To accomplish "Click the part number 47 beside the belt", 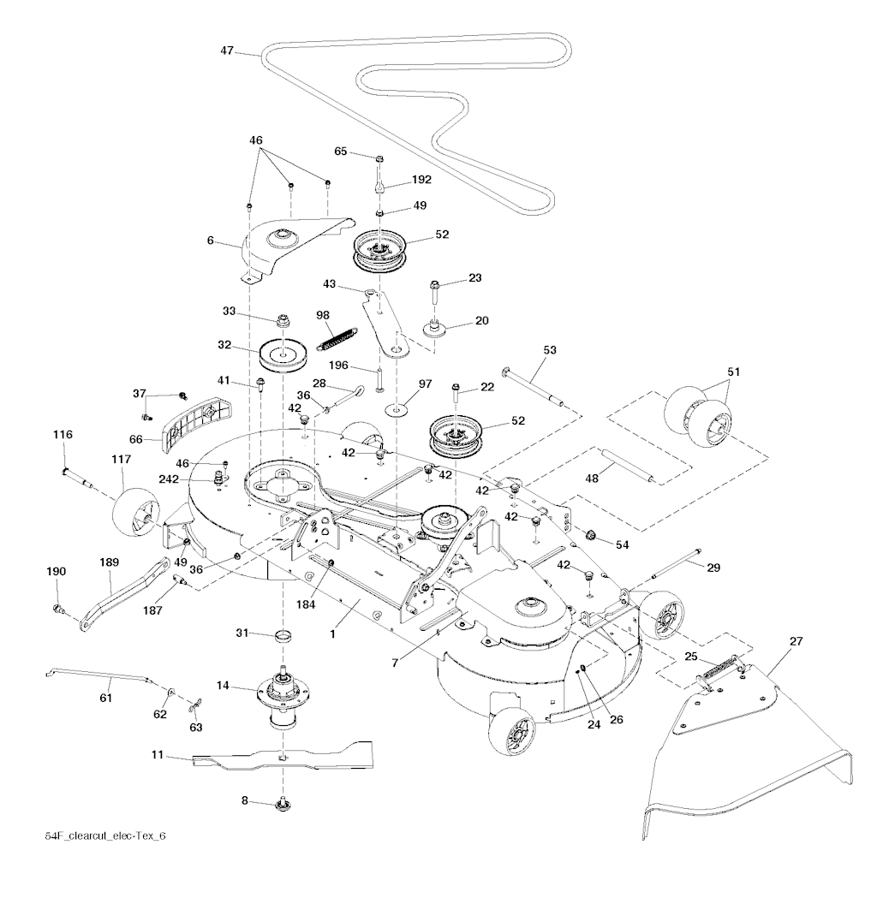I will click(x=227, y=51).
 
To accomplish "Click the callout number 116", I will click(x=63, y=435).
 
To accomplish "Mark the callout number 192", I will click(x=422, y=181).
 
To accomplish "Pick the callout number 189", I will click(x=110, y=562).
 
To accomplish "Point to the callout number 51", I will click(x=733, y=372).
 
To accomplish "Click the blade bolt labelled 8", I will click(x=283, y=805).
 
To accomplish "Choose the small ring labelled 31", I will click(x=283, y=637).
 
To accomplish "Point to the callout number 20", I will click(x=482, y=321).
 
